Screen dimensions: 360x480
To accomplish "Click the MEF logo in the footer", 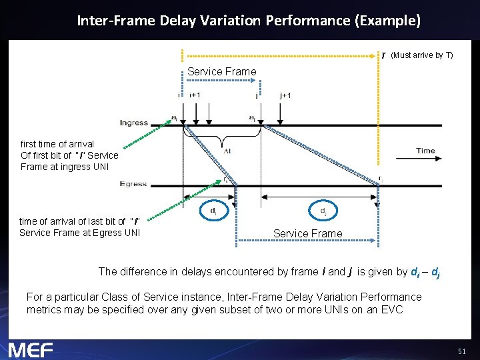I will (x=31, y=349).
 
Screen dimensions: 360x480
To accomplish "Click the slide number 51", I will (x=462, y=351).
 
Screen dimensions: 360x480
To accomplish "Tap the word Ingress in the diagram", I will (x=134, y=123).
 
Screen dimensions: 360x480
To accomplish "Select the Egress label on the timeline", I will (x=134, y=183).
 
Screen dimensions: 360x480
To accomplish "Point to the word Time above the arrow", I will (x=425, y=151).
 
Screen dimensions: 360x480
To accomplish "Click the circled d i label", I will (x=213, y=211).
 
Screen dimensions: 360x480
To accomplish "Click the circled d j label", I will (x=323, y=211).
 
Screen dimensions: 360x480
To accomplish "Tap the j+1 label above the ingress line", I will (x=285, y=95).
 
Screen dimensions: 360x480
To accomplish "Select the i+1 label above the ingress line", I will (x=195, y=95).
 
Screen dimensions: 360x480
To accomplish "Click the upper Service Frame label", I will (x=221, y=71).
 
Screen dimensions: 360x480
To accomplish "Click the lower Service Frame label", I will (x=307, y=233).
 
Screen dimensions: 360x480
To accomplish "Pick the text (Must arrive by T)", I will (x=422, y=55).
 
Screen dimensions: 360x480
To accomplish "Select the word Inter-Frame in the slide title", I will (x=116, y=21).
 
